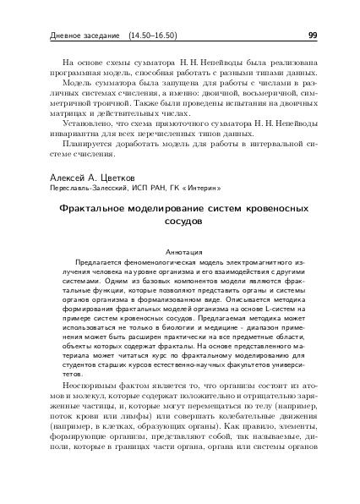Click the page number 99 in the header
(312, 36)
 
